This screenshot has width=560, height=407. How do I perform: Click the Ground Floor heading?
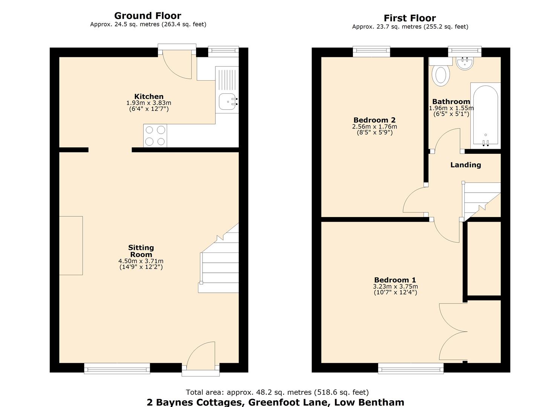(147, 16)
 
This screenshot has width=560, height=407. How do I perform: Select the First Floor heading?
(410, 18)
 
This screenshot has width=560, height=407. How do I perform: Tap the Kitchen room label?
(149, 96)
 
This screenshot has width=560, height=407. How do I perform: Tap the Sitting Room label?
(141, 251)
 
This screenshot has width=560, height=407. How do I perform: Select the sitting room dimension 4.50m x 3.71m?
(141, 261)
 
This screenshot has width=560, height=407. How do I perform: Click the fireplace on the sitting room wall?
(71, 246)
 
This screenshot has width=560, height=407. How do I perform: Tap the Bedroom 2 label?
(374, 120)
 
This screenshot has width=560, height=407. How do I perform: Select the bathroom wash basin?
(465, 63)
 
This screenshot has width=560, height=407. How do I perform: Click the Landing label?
(465, 165)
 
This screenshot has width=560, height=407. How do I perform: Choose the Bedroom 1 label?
(395, 280)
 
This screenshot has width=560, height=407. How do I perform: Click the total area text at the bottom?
(277, 392)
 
